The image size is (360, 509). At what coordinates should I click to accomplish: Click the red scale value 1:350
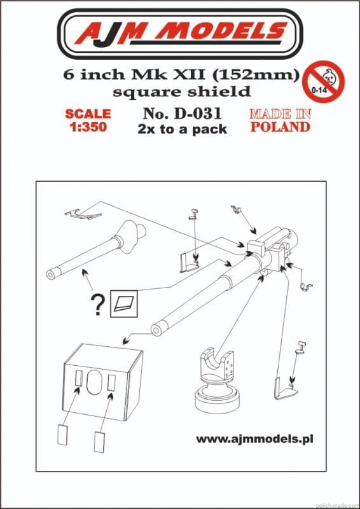[x=88, y=127]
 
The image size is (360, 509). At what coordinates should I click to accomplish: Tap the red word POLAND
[x=280, y=127]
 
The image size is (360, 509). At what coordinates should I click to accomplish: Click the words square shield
[x=181, y=92]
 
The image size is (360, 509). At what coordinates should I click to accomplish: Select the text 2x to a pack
[x=182, y=130]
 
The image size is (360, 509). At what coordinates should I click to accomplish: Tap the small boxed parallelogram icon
[x=124, y=303]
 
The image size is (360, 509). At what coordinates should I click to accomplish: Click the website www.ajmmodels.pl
[x=254, y=440]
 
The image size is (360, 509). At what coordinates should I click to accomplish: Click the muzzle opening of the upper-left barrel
[x=50, y=274]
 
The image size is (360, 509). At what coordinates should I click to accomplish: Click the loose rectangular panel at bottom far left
[x=62, y=436]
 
